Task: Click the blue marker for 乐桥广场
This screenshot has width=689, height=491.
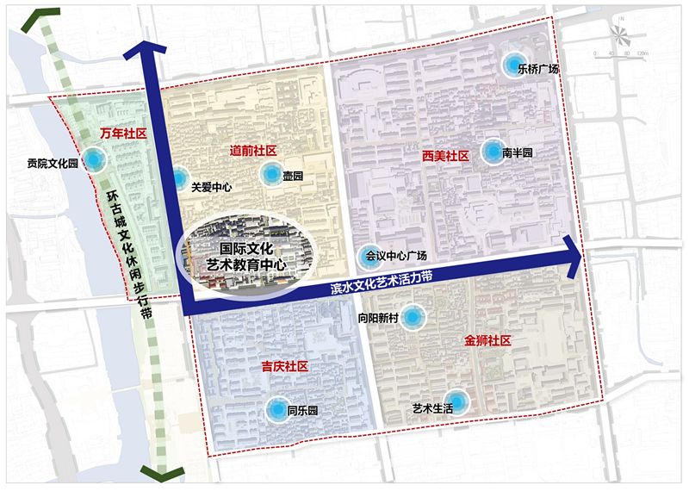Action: point(514,64)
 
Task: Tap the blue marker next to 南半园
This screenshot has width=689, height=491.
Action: point(493,152)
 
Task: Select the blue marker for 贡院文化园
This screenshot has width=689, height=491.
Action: point(94,159)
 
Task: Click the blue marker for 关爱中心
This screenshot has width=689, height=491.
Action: point(177,179)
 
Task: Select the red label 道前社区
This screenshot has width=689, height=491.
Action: point(252,150)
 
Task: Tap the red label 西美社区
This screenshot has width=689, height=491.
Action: point(445,157)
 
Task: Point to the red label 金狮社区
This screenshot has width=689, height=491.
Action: point(487,341)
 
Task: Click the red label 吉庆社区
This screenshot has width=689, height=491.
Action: point(284,367)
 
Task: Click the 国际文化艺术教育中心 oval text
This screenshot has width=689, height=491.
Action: point(247,256)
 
